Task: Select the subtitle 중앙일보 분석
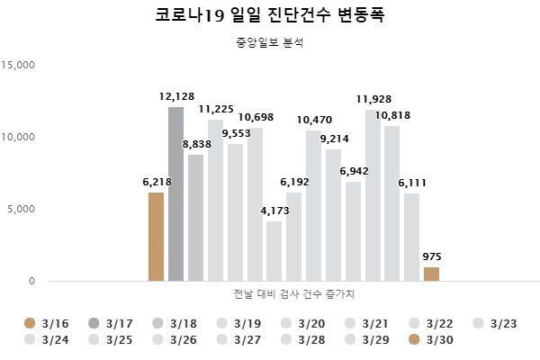coord(269,41)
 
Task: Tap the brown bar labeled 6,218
coord(156,236)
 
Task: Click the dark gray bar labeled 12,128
coord(175,193)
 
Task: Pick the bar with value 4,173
coord(274,251)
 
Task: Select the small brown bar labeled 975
coord(431,274)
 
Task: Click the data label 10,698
coord(256,117)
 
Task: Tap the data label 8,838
coord(197,144)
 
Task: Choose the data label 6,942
coord(354,171)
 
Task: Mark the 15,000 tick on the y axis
coord(19,65)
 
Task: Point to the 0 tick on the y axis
coord(31,281)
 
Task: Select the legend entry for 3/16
coord(44,322)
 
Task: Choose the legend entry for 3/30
coord(427,339)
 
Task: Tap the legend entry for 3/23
coord(491,322)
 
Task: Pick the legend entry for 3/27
coord(236,339)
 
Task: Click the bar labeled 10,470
coord(313,205)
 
